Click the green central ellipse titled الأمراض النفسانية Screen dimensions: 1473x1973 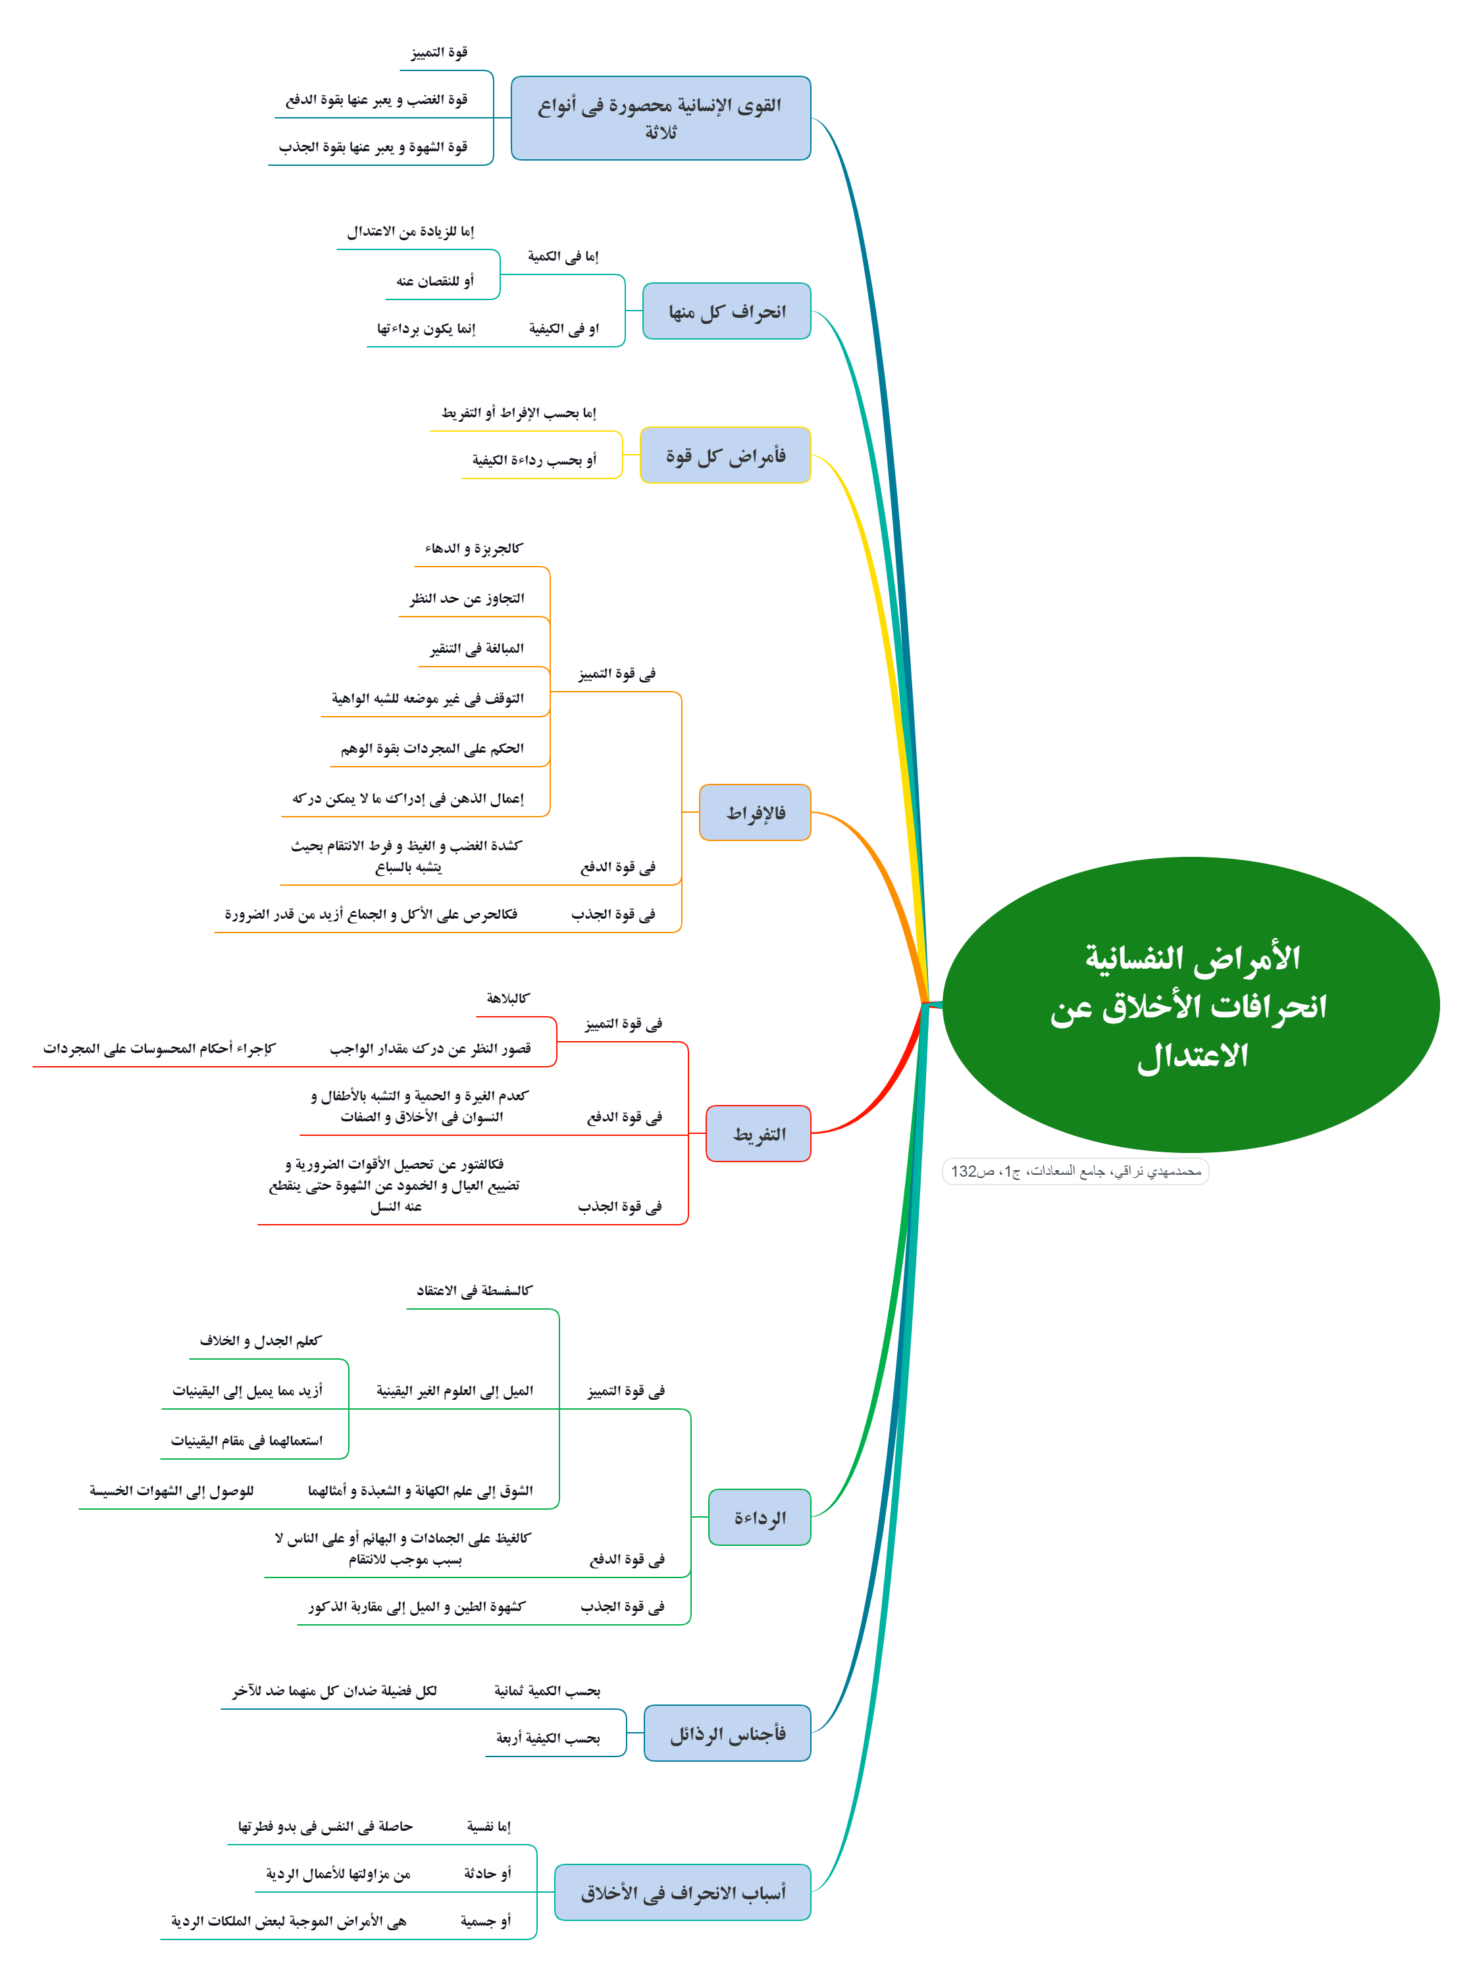[x=1191, y=1005]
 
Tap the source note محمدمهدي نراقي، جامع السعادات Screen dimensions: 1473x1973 [x=1075, y=1171]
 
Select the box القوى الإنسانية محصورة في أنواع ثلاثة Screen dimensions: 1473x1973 [x=661, y=118]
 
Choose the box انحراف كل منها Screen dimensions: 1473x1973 [x=727, y=311]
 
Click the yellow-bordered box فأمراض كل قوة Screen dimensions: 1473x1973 [x=725, y=455]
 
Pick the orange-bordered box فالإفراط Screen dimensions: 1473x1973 [x=755, y=812]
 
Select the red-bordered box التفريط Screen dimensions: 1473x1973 [x=758, y=1134]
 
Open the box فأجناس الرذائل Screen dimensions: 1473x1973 [x=727, y=1733]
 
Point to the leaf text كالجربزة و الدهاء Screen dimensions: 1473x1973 [x=473, y=548]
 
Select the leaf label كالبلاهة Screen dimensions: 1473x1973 [x=508, y=998]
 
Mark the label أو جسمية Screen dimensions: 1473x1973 [x=486, y=1921]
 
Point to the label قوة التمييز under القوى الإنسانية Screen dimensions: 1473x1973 [x=440, y=53]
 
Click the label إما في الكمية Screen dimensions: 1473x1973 [x=563, y=257]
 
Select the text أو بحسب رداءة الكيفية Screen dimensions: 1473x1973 [x=534, y=460]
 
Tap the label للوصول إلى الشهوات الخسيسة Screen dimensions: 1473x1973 [x=171, y=1491]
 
